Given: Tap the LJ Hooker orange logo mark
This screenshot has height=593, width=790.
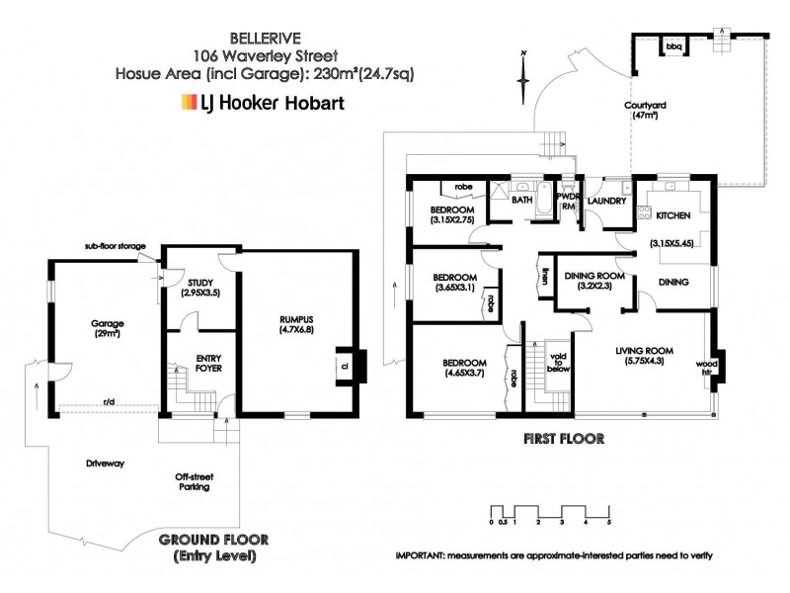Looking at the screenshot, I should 187,102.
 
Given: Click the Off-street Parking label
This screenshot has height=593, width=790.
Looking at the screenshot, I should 193,480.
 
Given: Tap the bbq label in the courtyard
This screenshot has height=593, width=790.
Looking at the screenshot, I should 674,46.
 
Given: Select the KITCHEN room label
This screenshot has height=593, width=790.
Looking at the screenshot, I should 671,215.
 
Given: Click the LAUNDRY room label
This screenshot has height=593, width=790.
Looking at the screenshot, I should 606,202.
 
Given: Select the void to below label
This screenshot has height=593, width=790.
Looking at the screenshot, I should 559,362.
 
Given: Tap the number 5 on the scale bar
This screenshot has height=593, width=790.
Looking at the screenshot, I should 609,520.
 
